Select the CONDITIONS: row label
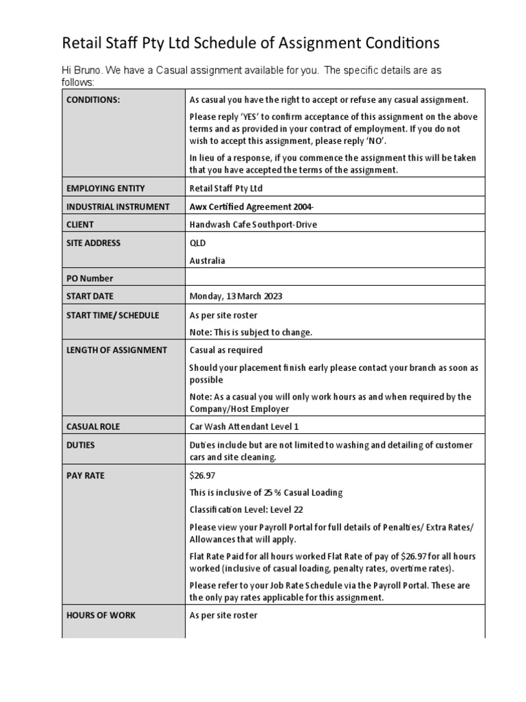point(93,99)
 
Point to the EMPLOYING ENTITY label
point(105,188)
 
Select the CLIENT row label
point(80,224)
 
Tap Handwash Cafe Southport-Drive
point(253,224)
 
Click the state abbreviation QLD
point(197,243)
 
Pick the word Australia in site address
point(207,261)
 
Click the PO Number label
point(90,278)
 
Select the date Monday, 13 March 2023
point(236,296)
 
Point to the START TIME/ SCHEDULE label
point(112,315)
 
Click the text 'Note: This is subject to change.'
point(251,332)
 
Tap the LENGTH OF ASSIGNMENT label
point(116,350)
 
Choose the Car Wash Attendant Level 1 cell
point(244,426)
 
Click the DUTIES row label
point(81,445)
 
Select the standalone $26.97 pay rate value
point(202,475)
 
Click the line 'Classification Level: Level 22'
point(246,510)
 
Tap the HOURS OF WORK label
point(101,615)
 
